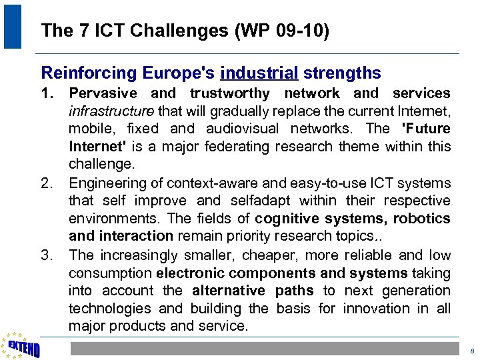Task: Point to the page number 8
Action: click(471, 351)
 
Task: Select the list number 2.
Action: click(47, 183)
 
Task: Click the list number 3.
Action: click(47, 255)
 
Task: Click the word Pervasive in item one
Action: click(103, 93)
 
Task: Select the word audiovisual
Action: click(243, 129)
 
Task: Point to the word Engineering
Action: click(107, 183)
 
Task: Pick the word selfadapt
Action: click(262, 201)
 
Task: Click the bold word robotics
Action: click(421, 219)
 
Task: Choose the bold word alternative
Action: click(227, 291)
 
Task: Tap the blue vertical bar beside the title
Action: click(13, 26)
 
